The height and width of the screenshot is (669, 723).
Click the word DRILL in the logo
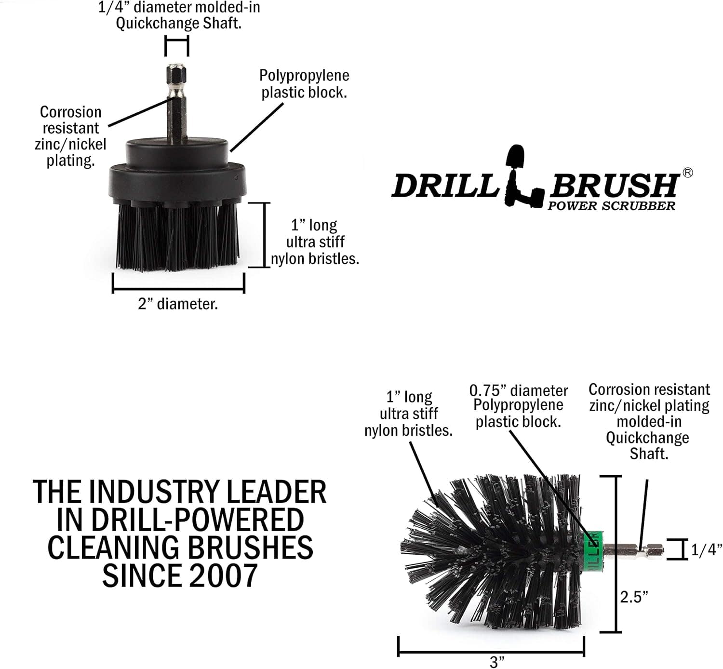coord(445,186)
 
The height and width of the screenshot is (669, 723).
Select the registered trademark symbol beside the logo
coord(687,173)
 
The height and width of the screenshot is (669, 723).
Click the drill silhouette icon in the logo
coord(523,176)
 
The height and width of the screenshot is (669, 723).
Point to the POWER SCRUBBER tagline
coord(611,206)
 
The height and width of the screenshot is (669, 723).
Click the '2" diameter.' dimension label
coord(178,304)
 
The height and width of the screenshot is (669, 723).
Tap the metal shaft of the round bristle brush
coord(634,551)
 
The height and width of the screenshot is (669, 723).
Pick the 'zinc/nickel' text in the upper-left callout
coord(70,144)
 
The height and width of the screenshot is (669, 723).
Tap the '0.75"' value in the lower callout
coord(488,390)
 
